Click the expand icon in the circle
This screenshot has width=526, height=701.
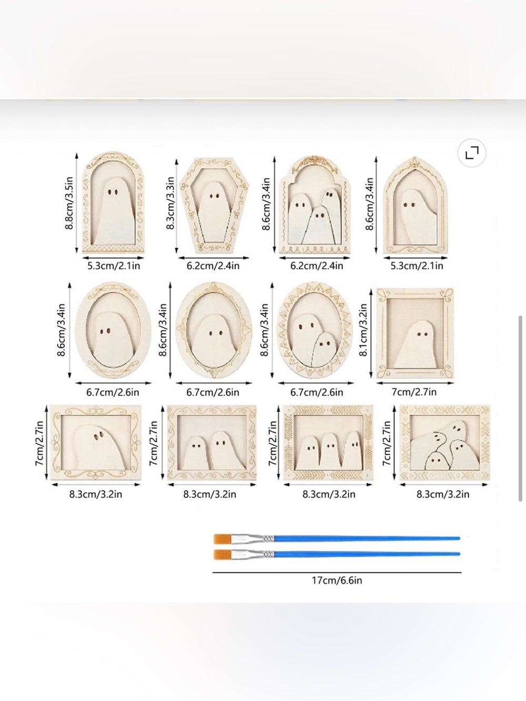[x=472, y=153]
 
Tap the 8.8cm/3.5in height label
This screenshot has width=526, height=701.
[x=69, y=203]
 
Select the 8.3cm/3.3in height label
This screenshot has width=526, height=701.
[x=170, y=203]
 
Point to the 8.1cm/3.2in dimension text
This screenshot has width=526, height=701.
[x=363, y=329]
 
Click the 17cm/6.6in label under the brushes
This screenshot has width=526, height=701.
[x=337, y=580]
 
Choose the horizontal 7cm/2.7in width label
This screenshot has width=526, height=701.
[x=414, y=392]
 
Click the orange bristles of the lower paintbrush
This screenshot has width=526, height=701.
[x=222, y=554]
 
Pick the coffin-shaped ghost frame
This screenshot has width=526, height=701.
[x=214, y=205]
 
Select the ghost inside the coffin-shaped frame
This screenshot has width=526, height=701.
[x=213, y=212]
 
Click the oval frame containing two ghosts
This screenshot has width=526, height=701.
[x=315, y=330]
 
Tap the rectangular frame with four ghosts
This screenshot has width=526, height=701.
[x=444, y=443]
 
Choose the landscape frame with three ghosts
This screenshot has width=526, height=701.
[x=328, y=443]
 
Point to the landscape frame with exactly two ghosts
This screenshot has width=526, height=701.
[x=212, y=443]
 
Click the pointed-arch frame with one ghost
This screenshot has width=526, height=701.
[x=415, y=205]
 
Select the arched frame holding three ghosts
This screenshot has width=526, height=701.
[x=315, y=205]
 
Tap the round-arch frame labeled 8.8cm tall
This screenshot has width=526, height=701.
[x=113, y=203]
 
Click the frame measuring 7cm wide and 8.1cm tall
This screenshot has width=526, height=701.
[x=415, y=333]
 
